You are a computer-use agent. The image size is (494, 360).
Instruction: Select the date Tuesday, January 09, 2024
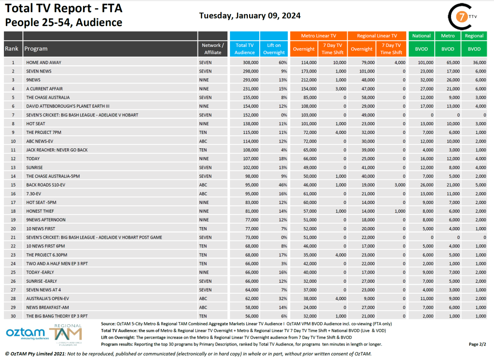(250, 15)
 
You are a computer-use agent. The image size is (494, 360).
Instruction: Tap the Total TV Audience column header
(245, 49)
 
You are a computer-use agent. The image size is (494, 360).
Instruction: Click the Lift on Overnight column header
(274, 49)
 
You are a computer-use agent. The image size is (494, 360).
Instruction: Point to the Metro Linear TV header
(318, 36)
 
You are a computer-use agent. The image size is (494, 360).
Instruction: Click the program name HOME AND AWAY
(43, 62)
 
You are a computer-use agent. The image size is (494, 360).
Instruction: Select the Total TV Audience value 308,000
(249, 62)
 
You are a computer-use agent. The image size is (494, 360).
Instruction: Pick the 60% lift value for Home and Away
(282, 62)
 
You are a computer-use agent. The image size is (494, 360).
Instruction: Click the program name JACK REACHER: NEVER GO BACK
(57, 150)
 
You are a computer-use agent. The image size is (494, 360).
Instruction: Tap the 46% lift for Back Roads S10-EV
(282, 185)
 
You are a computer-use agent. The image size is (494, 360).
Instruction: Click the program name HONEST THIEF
(41, 211)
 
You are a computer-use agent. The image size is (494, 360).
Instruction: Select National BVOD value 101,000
(424, 62)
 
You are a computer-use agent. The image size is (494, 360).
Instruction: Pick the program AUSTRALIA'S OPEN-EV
(49, 299)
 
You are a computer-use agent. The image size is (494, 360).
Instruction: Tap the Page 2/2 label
(478, 344)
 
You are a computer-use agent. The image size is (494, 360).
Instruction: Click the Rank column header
(12, 49)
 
